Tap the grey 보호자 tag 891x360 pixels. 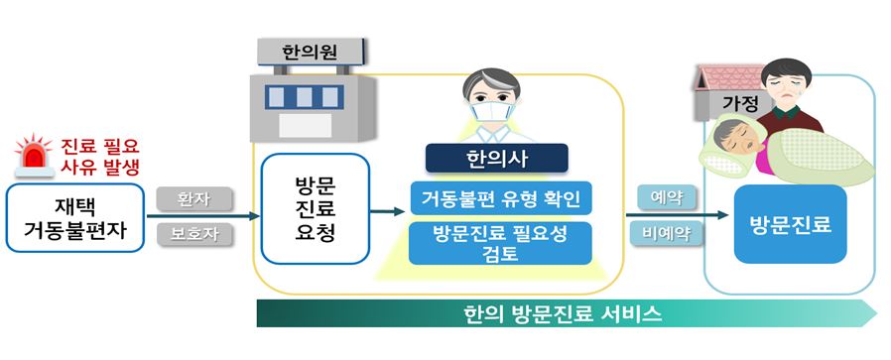coord(194,234)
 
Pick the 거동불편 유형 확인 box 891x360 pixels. coord(500,197)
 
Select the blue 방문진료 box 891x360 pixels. coord(790,225)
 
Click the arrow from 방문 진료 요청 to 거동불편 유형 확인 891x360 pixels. coord(389,210)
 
